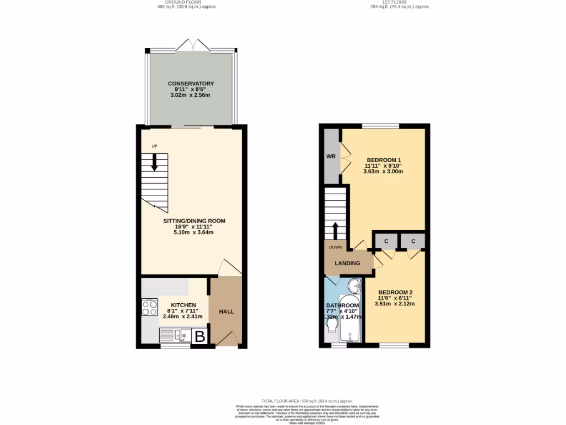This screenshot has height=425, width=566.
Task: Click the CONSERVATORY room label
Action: tap(191, 84)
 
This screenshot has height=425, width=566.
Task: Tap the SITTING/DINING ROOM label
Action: tap(194, 221)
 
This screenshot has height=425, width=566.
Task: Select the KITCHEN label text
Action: tap(183, 305)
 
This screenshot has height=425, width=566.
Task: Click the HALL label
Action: tap(227, 312)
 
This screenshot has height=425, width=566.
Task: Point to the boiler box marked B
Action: tap(200, 336)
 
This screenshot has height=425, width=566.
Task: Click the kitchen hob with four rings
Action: tap(149, 308)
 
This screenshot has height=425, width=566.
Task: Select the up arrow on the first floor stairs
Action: tap(335, 229)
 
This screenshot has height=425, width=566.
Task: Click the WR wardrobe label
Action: tap(331, 157)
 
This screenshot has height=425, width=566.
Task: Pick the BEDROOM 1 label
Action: tap(383, 160)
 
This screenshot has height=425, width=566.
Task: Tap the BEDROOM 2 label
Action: tap(395, 292)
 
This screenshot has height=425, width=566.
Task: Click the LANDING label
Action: tap(347, 263)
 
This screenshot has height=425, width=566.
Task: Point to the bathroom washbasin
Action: tap(355, 286)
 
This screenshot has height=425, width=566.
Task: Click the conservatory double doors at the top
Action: tap(192, 46)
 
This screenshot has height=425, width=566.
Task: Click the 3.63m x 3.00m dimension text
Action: tap(383, 172)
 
